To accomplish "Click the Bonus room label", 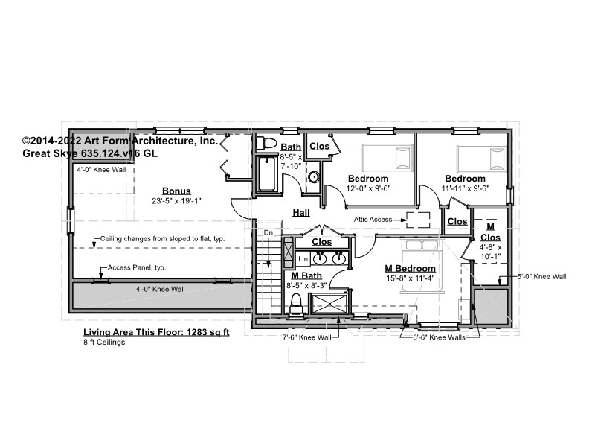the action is [x=176, y=191].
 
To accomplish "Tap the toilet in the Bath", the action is [x=266, y=143].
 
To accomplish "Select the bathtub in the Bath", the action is [x=267, y=173].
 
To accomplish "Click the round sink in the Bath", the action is [x=314, y=177].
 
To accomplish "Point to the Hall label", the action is [x=301, y=213].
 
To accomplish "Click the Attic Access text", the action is [x=373, y=219].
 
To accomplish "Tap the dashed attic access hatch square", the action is [x=418, y=220].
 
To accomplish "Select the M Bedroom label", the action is [x=411, y=269].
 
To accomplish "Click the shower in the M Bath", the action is [x=329, y=304].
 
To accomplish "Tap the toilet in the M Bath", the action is [x=295, y=304].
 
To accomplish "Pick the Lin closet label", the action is [x=303, y=259].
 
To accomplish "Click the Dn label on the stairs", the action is [x=268, y=232].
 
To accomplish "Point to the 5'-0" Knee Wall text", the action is [x=542, y=276].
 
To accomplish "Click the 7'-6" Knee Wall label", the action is [x=307, y=337].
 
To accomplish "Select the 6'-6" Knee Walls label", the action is [x=439, y=337].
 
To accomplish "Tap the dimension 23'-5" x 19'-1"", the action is [x=176, y=201].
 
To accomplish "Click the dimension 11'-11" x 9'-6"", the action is [x=466, y=188].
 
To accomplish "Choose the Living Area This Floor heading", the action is [x=156, y=332].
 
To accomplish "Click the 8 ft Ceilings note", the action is [x=104, y=342].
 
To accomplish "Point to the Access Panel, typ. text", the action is [x=137, y=267].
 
